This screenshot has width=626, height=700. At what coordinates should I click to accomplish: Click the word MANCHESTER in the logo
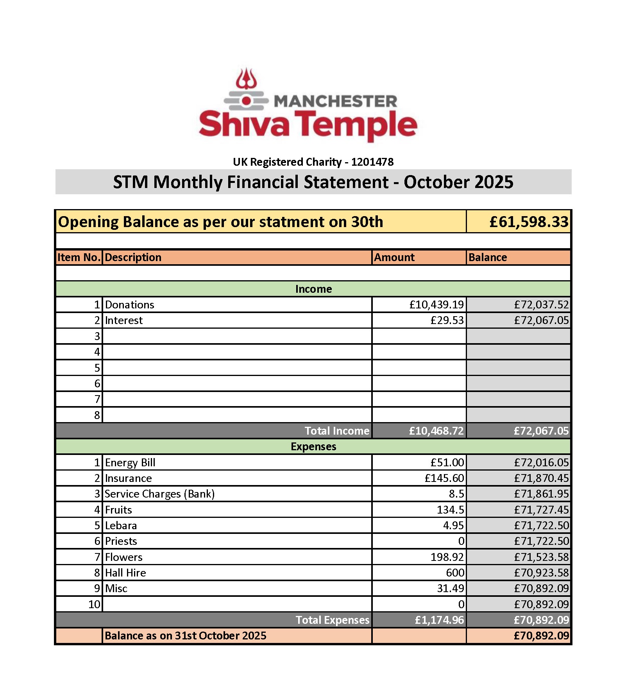[335, 101]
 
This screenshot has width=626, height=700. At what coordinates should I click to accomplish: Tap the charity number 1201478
[372, 162]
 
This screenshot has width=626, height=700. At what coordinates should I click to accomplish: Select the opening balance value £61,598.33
[529, 222]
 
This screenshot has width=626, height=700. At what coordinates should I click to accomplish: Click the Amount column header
[394, 257]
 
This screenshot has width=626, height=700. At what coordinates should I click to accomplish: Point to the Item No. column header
[79, 257]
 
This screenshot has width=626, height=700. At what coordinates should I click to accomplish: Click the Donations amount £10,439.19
[436, 304]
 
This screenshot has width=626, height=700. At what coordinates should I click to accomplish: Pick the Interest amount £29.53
[447, 320]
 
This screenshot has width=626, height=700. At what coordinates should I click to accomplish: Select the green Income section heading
[313, 289]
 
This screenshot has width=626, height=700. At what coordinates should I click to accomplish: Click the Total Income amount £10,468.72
[436, 431]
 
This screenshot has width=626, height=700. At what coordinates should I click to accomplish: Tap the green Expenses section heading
[313, 446]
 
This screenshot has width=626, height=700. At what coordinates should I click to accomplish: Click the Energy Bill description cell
[130, 462]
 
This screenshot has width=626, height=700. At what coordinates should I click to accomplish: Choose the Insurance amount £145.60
[444, 478]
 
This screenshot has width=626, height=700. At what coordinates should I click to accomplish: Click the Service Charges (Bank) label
[160, 494]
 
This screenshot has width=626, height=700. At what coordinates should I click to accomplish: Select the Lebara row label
[121, 525]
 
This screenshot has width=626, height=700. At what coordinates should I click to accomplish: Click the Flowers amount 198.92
[447, 557]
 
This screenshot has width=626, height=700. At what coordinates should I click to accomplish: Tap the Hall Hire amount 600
[455, 573]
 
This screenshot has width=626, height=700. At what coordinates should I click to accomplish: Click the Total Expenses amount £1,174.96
[439, 620]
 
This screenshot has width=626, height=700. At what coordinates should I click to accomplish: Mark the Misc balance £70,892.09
[541, 588]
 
